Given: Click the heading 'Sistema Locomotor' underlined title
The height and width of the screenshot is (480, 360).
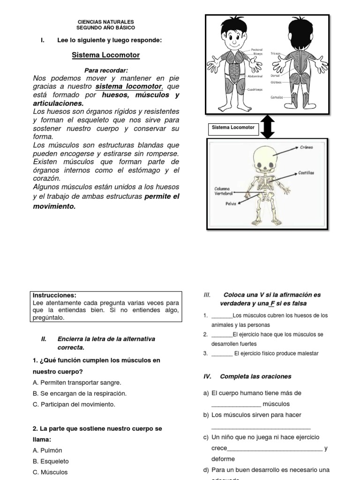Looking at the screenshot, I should coord(105,55).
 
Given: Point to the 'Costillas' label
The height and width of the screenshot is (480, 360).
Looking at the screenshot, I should coord(306,172).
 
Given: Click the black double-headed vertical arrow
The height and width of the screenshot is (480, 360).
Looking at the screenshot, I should coord(267,127).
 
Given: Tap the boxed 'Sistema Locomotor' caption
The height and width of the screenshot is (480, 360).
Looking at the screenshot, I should coord(233,127).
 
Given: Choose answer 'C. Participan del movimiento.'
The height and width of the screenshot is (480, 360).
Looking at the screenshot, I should coord(74,404).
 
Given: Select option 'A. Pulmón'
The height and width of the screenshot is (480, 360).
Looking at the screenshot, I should coord(47,450).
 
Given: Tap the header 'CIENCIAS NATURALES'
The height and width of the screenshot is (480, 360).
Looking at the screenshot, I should coord(105,22).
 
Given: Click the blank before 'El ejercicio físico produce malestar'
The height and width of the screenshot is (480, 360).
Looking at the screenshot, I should coord(222,353).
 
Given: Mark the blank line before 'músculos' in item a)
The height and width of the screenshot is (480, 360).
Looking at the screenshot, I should coord(236,404).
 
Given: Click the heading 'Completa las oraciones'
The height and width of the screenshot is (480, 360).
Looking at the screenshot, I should coord(255,376).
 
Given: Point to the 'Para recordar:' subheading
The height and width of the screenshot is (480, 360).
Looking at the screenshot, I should coord(105,70).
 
